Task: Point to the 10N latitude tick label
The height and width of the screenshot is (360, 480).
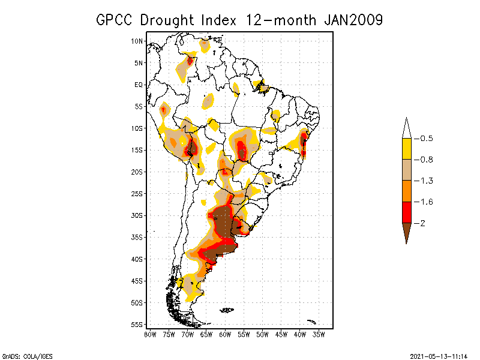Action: [x=137, y=41]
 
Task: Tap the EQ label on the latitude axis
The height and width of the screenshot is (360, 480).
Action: [x=139, y=85]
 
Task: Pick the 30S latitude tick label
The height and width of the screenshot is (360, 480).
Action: [x=137, y=215]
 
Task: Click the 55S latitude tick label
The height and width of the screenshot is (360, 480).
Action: [x=137, y=325]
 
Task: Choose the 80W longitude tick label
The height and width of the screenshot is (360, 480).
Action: [x=150, y=334]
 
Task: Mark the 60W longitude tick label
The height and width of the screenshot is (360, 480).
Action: [x=225, y=334]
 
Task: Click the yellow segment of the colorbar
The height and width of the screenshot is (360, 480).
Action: [x=406, y=149]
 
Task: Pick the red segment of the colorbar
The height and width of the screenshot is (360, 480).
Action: [x=406, y=212]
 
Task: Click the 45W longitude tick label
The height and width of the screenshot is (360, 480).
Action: [x=281, y=334]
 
